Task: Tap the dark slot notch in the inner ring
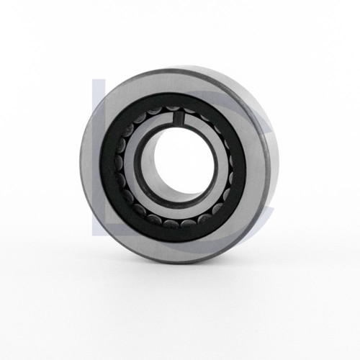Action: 179,117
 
